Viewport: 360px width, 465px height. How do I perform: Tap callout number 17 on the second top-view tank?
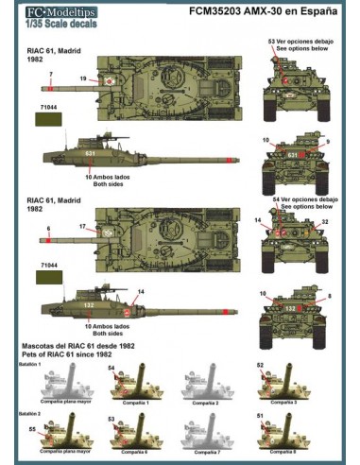click(84, 227)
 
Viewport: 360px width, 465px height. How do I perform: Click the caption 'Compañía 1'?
click(135, 403)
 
